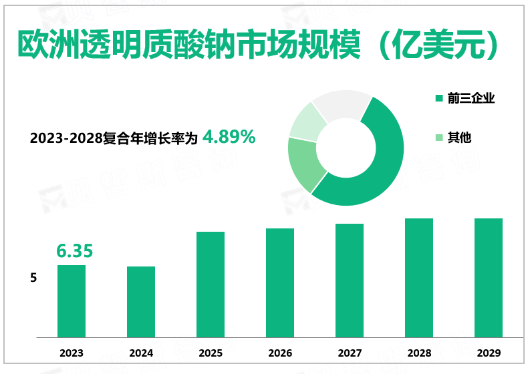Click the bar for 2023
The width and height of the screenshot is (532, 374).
[72, 301]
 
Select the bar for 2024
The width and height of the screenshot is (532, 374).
[141, 302]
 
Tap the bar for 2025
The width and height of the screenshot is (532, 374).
[211, 285]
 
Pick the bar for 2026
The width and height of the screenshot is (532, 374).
[280, 283]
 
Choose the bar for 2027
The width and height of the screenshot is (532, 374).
[350, 280]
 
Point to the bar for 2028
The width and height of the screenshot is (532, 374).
[419, 278]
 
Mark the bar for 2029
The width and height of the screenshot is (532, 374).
[489, 278]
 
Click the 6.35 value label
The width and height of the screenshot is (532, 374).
[74, 251]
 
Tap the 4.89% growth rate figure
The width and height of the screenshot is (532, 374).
[229, 137]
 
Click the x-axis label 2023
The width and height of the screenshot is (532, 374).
[72, 353]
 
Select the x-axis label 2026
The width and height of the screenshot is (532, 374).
[280, 353]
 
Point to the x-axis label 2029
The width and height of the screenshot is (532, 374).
[489, 353]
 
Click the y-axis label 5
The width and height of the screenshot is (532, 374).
[33, 277]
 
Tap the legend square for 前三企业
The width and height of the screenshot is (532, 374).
[438, 99]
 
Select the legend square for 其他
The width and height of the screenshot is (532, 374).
[438, 138]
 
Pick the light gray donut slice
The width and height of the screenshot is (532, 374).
[341, 103]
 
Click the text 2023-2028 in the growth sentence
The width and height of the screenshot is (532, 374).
[65, 139]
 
